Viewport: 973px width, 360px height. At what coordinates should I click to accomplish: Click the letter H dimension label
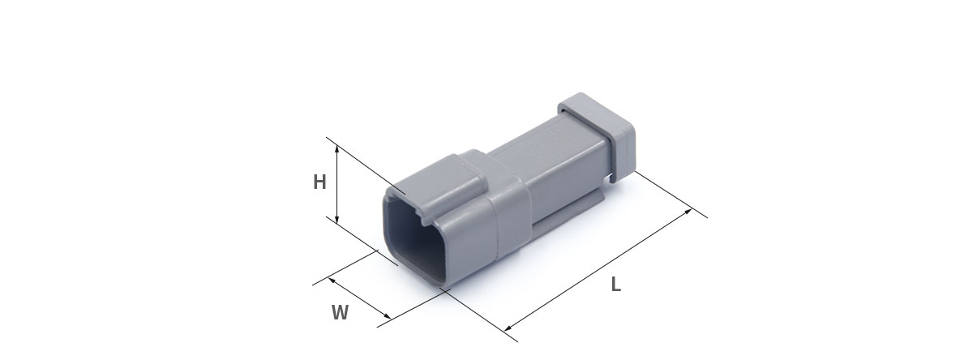319,182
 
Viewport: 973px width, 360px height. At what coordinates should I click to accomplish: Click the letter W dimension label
340,312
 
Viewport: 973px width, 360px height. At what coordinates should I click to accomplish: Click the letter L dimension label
615,285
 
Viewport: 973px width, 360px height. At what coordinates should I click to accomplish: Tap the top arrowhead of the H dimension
336,149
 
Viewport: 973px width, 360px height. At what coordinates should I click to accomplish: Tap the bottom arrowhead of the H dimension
336,221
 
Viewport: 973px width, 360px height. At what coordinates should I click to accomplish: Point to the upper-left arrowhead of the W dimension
332,280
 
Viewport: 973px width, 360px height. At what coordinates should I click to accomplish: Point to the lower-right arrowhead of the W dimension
388,316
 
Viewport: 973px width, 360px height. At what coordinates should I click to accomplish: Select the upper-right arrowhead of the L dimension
688,212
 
